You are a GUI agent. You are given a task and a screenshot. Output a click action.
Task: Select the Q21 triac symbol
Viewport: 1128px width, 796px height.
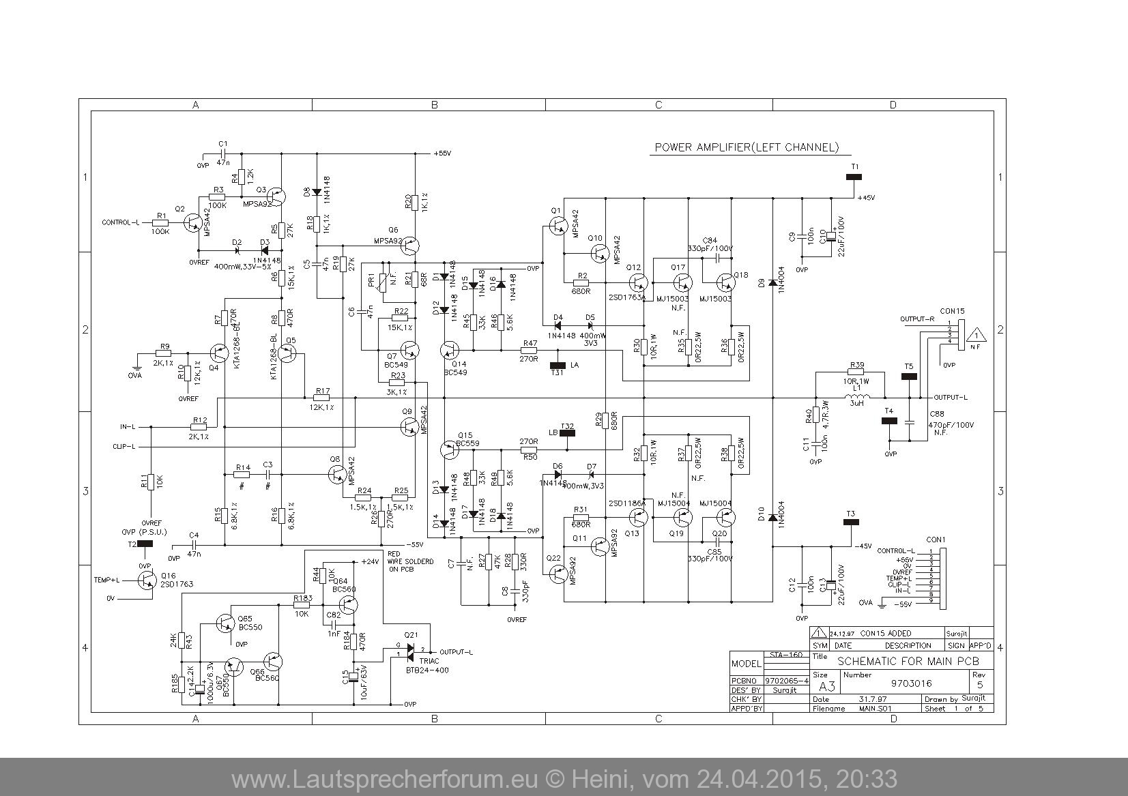tap(410, 651)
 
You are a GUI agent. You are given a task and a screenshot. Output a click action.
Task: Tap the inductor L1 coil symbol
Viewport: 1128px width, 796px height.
tap(856, 398)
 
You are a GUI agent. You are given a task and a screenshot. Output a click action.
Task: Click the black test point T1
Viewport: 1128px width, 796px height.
tap(854, 177)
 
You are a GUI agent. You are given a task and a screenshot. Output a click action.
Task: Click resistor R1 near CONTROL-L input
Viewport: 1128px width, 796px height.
tap(161, 222)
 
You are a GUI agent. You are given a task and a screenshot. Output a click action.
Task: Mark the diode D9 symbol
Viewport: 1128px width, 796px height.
tap(772, 282)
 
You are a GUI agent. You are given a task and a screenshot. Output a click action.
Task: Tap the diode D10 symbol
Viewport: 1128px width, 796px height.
tap(772, 518)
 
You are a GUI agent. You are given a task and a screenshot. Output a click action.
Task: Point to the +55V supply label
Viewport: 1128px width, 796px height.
tap(442, 153)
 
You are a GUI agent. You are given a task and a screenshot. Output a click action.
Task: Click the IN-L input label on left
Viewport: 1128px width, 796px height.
tap(128, 427)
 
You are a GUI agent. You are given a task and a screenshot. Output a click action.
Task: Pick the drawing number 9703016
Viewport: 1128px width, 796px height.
tap(912, 683)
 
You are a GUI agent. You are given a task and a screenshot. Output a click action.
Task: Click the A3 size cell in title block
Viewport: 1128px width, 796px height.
tap(826, 685)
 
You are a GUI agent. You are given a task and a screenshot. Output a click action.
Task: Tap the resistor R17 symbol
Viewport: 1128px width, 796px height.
tap(321, 398)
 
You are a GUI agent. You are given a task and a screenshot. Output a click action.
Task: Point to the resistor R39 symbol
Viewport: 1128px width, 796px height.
tap(856, 372)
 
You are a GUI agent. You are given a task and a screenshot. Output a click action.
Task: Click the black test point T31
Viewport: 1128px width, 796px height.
tap(558, 366)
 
